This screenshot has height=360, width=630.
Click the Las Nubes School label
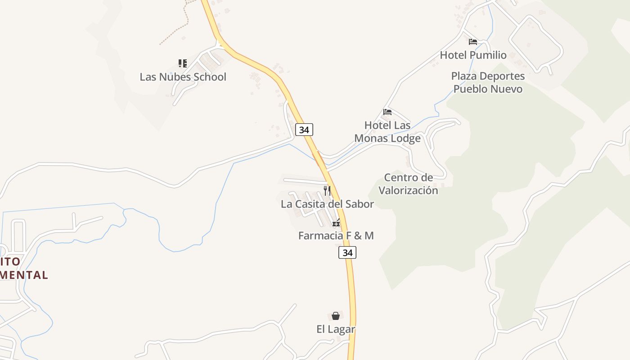[183, 77]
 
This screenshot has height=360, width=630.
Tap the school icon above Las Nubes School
[182, 63]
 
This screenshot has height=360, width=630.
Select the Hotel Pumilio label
[473, 55]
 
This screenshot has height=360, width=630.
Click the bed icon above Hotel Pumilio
[472, 42]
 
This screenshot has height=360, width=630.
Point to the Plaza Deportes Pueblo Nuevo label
[488, 82]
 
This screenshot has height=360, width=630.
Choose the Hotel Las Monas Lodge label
[387, 131]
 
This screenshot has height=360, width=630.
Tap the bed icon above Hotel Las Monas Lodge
[387, 112]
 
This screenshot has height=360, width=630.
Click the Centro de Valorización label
[408, 184]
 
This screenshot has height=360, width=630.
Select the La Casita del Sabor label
[327, 204]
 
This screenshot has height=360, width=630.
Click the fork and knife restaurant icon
[327, 190]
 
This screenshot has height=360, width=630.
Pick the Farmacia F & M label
[336, 235]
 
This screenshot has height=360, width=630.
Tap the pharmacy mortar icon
[336, 222]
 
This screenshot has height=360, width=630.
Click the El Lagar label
[336, 329]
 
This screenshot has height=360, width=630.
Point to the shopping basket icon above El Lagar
[336, 316]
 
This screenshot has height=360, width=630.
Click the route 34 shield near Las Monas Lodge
[304, 130]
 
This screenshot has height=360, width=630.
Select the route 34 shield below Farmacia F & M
[347, 252]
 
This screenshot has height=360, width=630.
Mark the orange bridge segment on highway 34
[318, 158]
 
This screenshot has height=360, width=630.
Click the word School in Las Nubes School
[208, 77]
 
